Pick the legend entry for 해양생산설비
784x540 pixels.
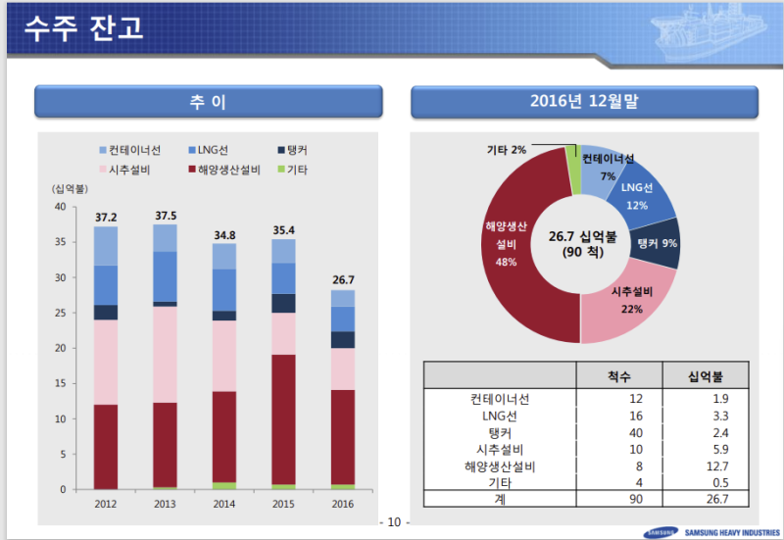pyautogui.click(x=224, y=171)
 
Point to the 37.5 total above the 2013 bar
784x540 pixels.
pyautogui.click(x=166, y=216)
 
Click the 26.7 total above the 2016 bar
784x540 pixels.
pyautogui.click(x=342, y=280)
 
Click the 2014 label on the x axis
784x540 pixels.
pyautogui.click(x=224, y=503)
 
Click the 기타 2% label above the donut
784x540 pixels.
pyautogui.click(x=507, y=150)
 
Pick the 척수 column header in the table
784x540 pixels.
pyautogui.click(x=619, y=375)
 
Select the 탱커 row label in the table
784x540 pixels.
pyautogui.click(x=498, y=432)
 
